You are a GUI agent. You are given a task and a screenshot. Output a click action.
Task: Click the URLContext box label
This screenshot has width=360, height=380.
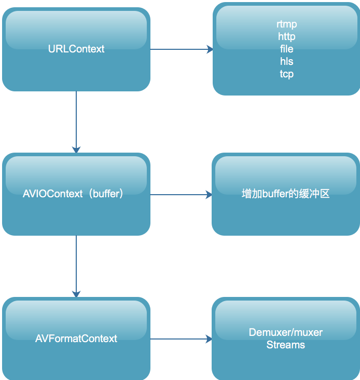(76, 49)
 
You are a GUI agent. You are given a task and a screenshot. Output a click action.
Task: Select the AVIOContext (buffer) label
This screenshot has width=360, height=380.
(73, 194)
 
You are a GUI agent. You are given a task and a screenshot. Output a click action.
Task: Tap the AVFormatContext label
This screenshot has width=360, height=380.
(76, 338)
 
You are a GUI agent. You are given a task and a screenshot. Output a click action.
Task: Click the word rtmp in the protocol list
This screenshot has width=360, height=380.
(287, 24)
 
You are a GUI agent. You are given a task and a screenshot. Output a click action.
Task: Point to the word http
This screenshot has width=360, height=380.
(287, 37)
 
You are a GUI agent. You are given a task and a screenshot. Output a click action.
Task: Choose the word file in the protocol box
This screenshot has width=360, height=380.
(287, 49)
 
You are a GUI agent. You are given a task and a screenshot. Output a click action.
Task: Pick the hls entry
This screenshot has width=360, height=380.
(287, 62)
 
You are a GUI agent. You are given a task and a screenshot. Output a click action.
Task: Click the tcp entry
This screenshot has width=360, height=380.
(287, 74)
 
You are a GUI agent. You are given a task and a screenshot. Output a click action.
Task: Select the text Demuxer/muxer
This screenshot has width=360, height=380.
(286, 332)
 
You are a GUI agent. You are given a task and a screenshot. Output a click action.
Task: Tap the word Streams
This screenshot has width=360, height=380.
(286, 345)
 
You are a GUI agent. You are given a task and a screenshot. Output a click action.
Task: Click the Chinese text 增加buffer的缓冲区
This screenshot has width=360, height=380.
(286, 195)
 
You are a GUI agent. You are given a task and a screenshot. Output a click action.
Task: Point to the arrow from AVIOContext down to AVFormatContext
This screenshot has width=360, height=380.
(76, 265)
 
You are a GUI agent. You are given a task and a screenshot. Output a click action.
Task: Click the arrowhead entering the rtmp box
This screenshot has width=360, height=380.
(210, 49)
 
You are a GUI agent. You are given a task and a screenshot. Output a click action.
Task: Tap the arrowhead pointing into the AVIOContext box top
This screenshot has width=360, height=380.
(76, 150)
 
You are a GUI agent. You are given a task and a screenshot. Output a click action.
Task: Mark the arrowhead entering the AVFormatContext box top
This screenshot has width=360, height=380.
(76, 294)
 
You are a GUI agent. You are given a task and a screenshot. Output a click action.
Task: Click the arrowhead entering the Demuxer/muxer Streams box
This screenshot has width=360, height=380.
(209, 339)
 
